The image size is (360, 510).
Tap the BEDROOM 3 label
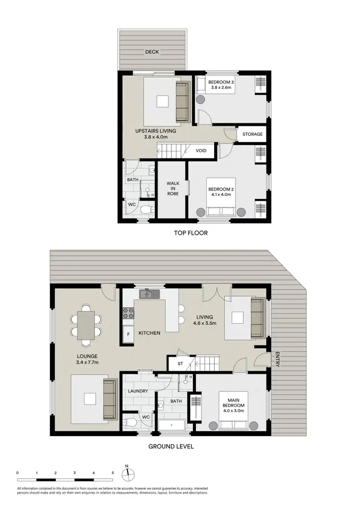pyautogui.click(x=220, y=82)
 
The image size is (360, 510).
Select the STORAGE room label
pyautogui.click(x=252, y=134)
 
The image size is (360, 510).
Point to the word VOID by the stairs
pyautogui.click(x=201, y=150)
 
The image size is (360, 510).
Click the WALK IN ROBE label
pyautogui.click(x=173, y=188)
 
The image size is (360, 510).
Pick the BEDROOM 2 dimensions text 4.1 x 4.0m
pyautogui.click(x=221, y=194)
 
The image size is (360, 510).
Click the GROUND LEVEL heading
pyautogui.click(x=171, y=446)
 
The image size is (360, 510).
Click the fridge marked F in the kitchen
pyautogui.click(x=129, y=333)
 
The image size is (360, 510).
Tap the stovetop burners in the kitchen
pyautogui.click(x=129, y=313)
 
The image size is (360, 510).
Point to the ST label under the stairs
pyautogui.click(x=180, y=364)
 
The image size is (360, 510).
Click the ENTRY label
pyautogui.click(x=277, y=360)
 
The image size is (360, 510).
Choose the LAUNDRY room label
pyautogui.click(x=138, y=391)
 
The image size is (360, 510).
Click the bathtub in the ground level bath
pyautogui.click(x=171, y=425)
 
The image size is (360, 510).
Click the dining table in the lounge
pyautogui.click(x=85, y=325)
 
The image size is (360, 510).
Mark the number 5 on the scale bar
pyautogui.click(x=112, y=473)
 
